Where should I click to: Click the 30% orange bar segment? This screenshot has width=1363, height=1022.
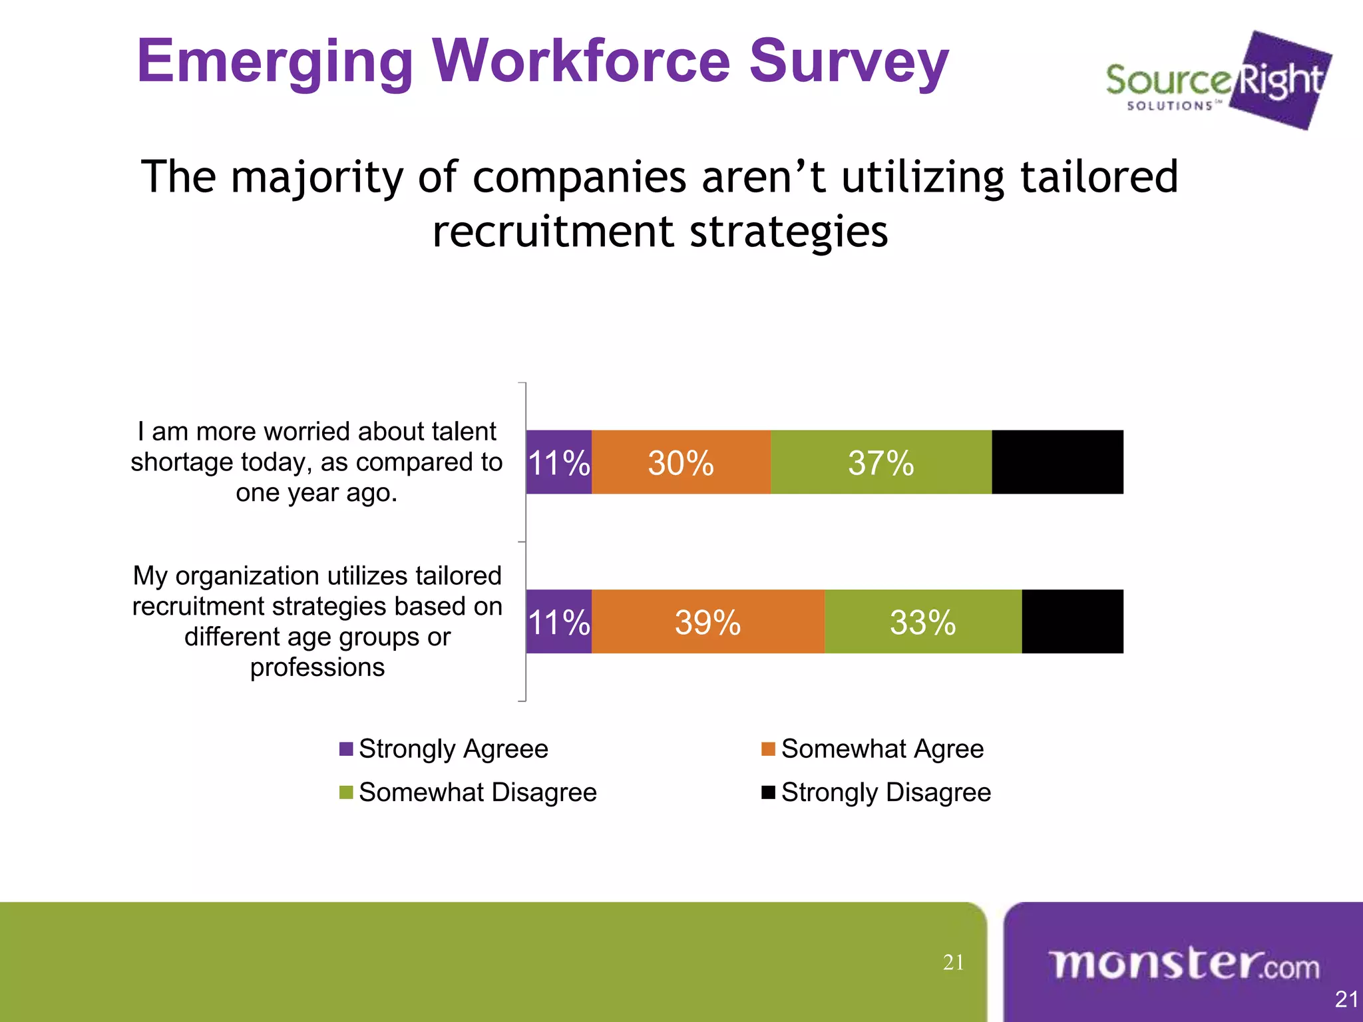(x=681, y=462)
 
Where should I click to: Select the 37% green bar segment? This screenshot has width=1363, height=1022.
(x=880, y=462)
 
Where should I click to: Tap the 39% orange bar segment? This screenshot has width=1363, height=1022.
(x=707, y=621)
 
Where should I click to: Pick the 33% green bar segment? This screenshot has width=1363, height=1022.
(x=922, y=621)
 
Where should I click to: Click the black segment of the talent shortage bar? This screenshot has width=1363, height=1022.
(x=1057, y=462)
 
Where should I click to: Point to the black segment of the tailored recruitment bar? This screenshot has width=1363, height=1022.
(x=1072, y=621)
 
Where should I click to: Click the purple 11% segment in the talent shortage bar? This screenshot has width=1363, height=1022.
(x=558, y=462)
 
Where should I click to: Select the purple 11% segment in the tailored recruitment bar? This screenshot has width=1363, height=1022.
(x=558, y=621)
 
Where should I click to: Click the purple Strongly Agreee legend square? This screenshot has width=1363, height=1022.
(x=346, y=749)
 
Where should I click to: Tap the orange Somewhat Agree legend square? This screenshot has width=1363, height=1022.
(x=768, y=749)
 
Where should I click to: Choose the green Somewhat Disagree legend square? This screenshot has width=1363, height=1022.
(x=346, y=792)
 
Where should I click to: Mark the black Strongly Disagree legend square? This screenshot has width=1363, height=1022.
(x=768, y=792)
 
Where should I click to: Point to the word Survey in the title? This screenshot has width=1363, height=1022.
(x=849, y=62)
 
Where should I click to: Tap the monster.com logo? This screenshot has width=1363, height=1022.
(x=1184, y=964)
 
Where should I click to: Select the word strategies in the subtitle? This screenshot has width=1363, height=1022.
(x=788, y=232)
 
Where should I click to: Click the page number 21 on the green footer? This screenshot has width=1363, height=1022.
(x=953, y=962)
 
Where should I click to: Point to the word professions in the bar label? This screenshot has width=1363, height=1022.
(x=317, y=667)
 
